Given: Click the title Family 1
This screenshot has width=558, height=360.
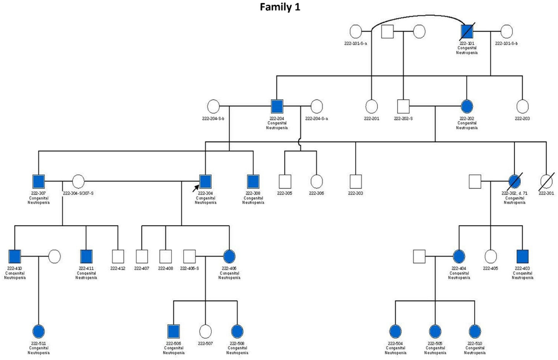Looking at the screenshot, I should [x=280, y=7].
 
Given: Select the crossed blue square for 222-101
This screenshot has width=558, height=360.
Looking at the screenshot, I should [x=467, y=31].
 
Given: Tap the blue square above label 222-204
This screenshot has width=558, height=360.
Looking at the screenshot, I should [x=277, y=106].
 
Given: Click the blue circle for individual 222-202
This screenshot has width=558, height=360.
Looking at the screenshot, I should [x=467, y=106].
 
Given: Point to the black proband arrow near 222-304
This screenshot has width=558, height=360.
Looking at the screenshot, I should [x=196, y=188].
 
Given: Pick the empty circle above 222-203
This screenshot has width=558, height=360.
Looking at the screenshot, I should [x=522, y=106].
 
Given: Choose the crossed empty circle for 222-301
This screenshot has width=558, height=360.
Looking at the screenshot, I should [x=546, y=182].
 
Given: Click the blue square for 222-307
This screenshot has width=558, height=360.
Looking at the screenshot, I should [x=38, y=182].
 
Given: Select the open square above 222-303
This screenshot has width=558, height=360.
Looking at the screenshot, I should [x=355, y=182].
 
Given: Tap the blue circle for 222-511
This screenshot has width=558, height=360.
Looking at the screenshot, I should [x=38, y=331].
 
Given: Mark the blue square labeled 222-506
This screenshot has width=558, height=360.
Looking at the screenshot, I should [x=173, y=331].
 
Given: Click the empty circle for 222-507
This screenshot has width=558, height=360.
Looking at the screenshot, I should [x=205, y=331].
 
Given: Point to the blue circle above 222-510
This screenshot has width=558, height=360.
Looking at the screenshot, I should [x=475, y=331].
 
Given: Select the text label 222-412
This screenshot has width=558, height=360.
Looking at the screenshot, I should [x=118, y=269].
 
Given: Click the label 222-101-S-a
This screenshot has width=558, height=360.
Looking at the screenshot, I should [x=355, y=43].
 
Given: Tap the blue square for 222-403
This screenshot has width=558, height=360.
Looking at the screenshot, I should [x=522, y=256].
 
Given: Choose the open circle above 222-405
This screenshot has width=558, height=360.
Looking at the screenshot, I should [x=490, y=256].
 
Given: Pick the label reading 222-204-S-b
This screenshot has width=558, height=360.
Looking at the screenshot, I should [x=213, y=119].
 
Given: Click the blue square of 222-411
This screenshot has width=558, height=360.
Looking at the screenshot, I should [x=86, y=256].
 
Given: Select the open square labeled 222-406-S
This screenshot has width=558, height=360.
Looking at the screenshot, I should [x=189, y=256].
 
